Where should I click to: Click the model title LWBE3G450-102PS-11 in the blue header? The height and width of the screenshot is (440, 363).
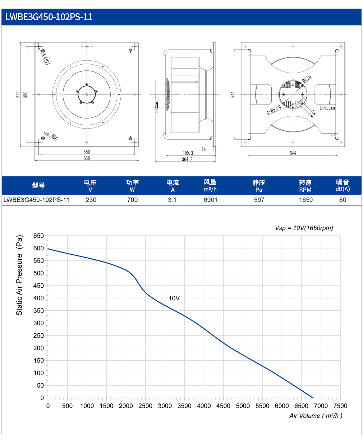click(49, 17)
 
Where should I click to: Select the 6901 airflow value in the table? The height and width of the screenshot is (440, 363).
click(210, 200)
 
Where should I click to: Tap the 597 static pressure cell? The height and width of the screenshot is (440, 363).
click(259, 200)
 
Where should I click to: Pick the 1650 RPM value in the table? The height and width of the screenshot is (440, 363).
click(305, 200)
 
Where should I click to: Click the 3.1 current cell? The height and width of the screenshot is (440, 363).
click(172, 200)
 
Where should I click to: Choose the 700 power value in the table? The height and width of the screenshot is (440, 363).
click(132, 200)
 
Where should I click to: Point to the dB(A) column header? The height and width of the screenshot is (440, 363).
click(343, 189)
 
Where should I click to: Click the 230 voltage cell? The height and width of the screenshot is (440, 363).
click(91, 200)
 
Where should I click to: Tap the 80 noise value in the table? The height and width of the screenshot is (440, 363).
click(343, 200)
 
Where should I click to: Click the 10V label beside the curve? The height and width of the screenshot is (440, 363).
click(174, 298)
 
